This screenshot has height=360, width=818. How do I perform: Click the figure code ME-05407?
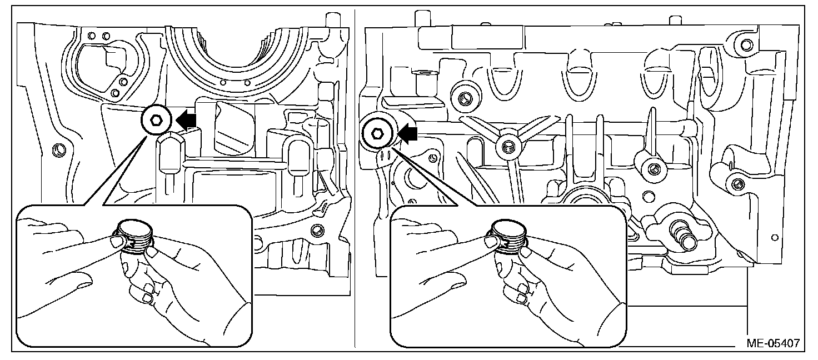point(773,344)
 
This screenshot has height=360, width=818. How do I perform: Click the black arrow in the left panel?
point(187,118)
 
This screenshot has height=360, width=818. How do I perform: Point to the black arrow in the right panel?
point(408,133)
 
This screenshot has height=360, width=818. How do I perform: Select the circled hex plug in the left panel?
point(156,119)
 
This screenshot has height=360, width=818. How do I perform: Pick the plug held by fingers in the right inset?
point(508,236)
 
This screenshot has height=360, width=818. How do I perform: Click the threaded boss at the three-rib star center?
point(506,146)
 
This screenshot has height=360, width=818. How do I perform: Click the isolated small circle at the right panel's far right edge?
point(775,238)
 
